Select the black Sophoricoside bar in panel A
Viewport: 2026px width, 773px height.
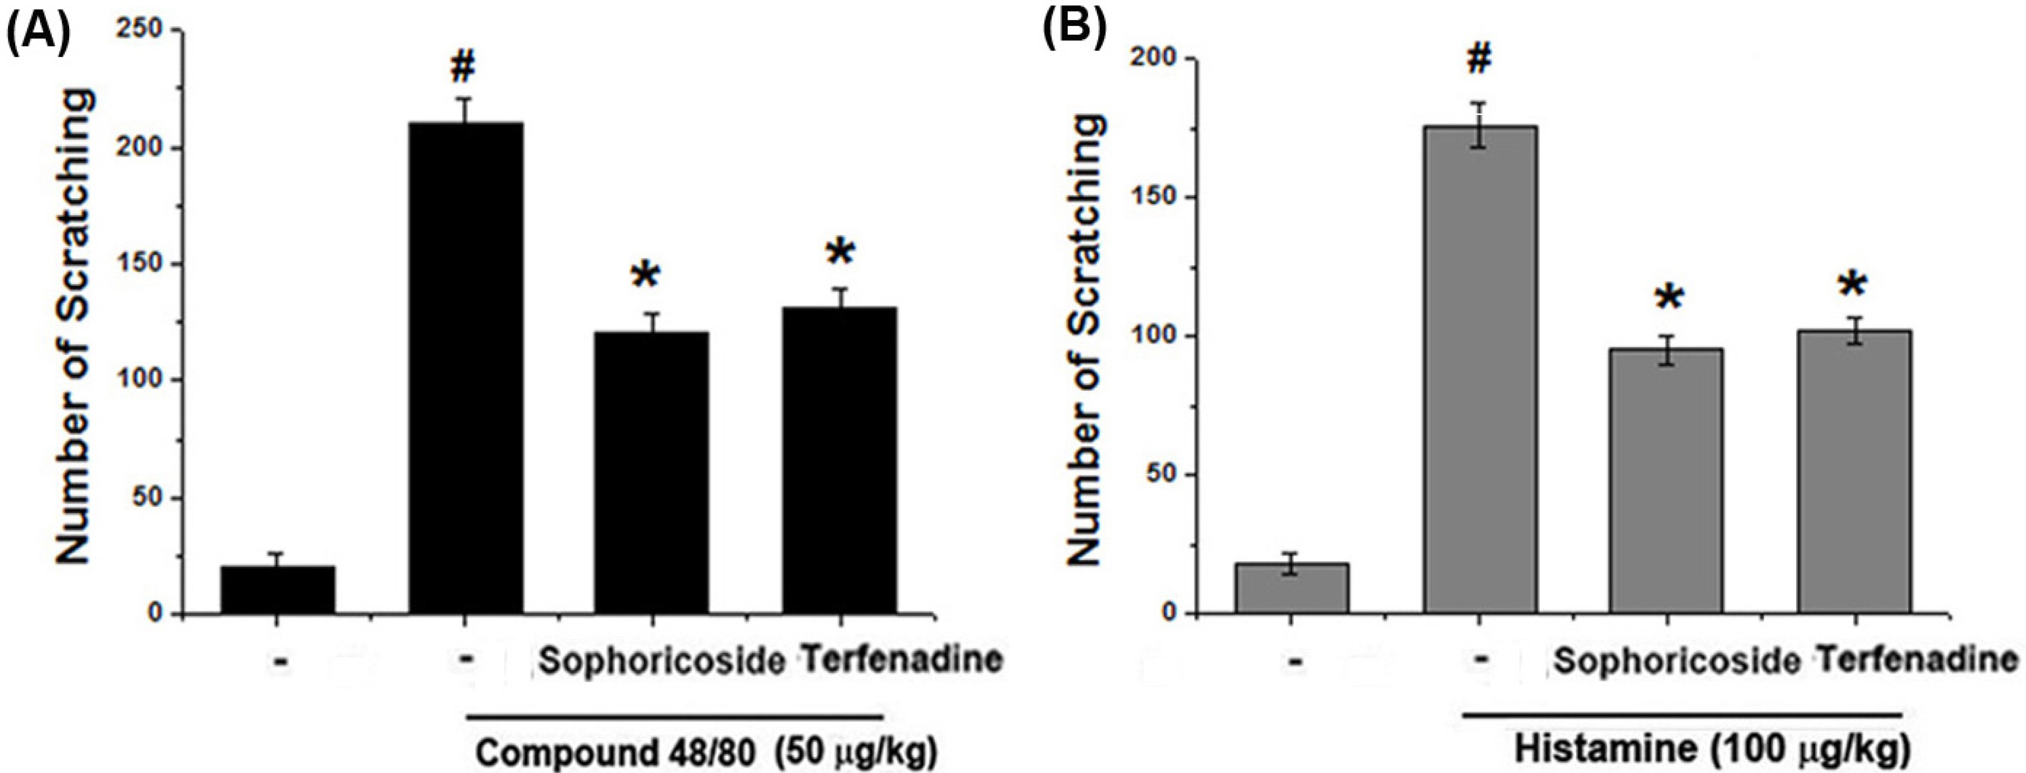pyautogui.click(x=651, y=472)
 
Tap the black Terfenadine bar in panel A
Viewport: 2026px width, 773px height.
pyautogui.click(x=839, y=460)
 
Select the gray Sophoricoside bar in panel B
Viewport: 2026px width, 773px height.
pyautogui.click(x=1666, y=480)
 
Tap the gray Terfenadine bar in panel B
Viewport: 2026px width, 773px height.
pyautogui.click(x=1854, y=472)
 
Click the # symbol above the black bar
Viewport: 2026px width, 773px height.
pyautogui.click(x=463, y=69)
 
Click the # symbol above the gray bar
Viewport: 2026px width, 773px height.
pyautogui.click(x=1479, y=59)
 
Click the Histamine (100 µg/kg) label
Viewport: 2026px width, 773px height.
pyautogui.click(x=1711, y=749)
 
